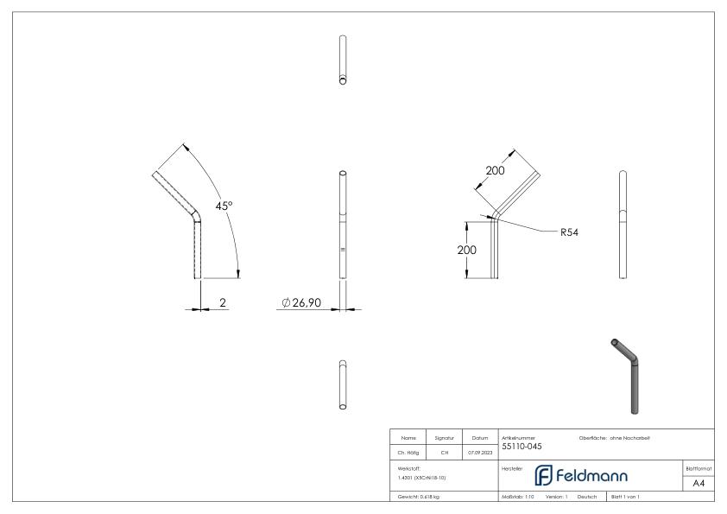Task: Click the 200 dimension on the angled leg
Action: (x=495, y=171)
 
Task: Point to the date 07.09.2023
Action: (x=478, y=450)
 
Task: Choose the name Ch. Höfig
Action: (x=409, y=450)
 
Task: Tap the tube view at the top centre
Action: (x=343, y=60)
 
